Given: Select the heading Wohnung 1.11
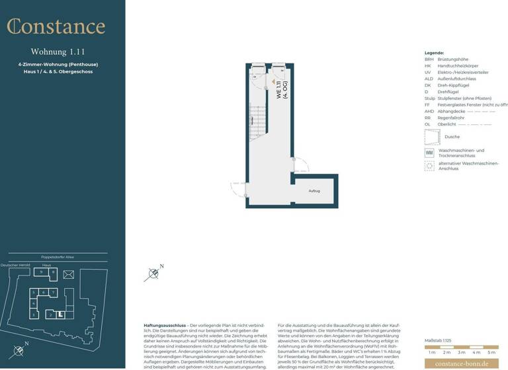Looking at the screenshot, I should pyautogui.click(x=58, y=52).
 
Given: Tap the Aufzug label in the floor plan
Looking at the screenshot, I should pyautogui.click(x=314, y=191).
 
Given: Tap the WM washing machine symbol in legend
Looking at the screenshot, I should pyautogui.click(x=429, y=152).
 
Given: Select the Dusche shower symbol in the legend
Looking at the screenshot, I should pyautogui.click(x=432, y=137).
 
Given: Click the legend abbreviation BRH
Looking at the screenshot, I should pyautogui.click(x=429, y=59).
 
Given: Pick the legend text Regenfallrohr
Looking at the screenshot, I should pyautogui.click(x=451, y=118).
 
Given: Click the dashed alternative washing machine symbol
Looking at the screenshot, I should pyautogui.click(x=429, y=166).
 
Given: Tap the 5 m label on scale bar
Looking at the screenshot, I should pyautogui.click(x=491, y=353).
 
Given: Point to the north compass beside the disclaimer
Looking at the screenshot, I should pyautogui.click(x=153, y=272).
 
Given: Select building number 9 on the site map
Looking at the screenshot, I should pyautogui.click(x=42, y=272).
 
